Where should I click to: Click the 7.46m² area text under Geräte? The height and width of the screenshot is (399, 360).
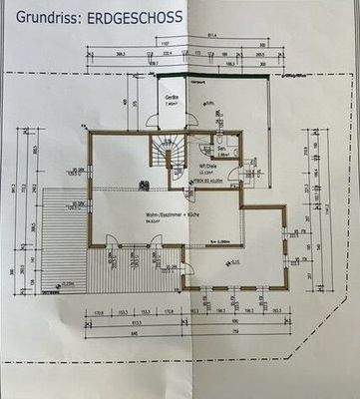(x=171, y=102)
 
